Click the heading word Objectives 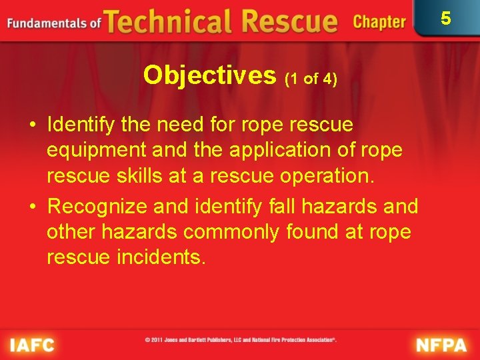click(209, 75)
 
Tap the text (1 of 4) click(311, 79)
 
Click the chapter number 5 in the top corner click(446, 19)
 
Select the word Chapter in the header click(379, 22)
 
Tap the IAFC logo click(32, 345)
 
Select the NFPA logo click(442, 345)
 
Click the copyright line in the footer click(241, 339)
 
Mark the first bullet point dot click(32, 125)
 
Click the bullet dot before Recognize click(32, 207)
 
